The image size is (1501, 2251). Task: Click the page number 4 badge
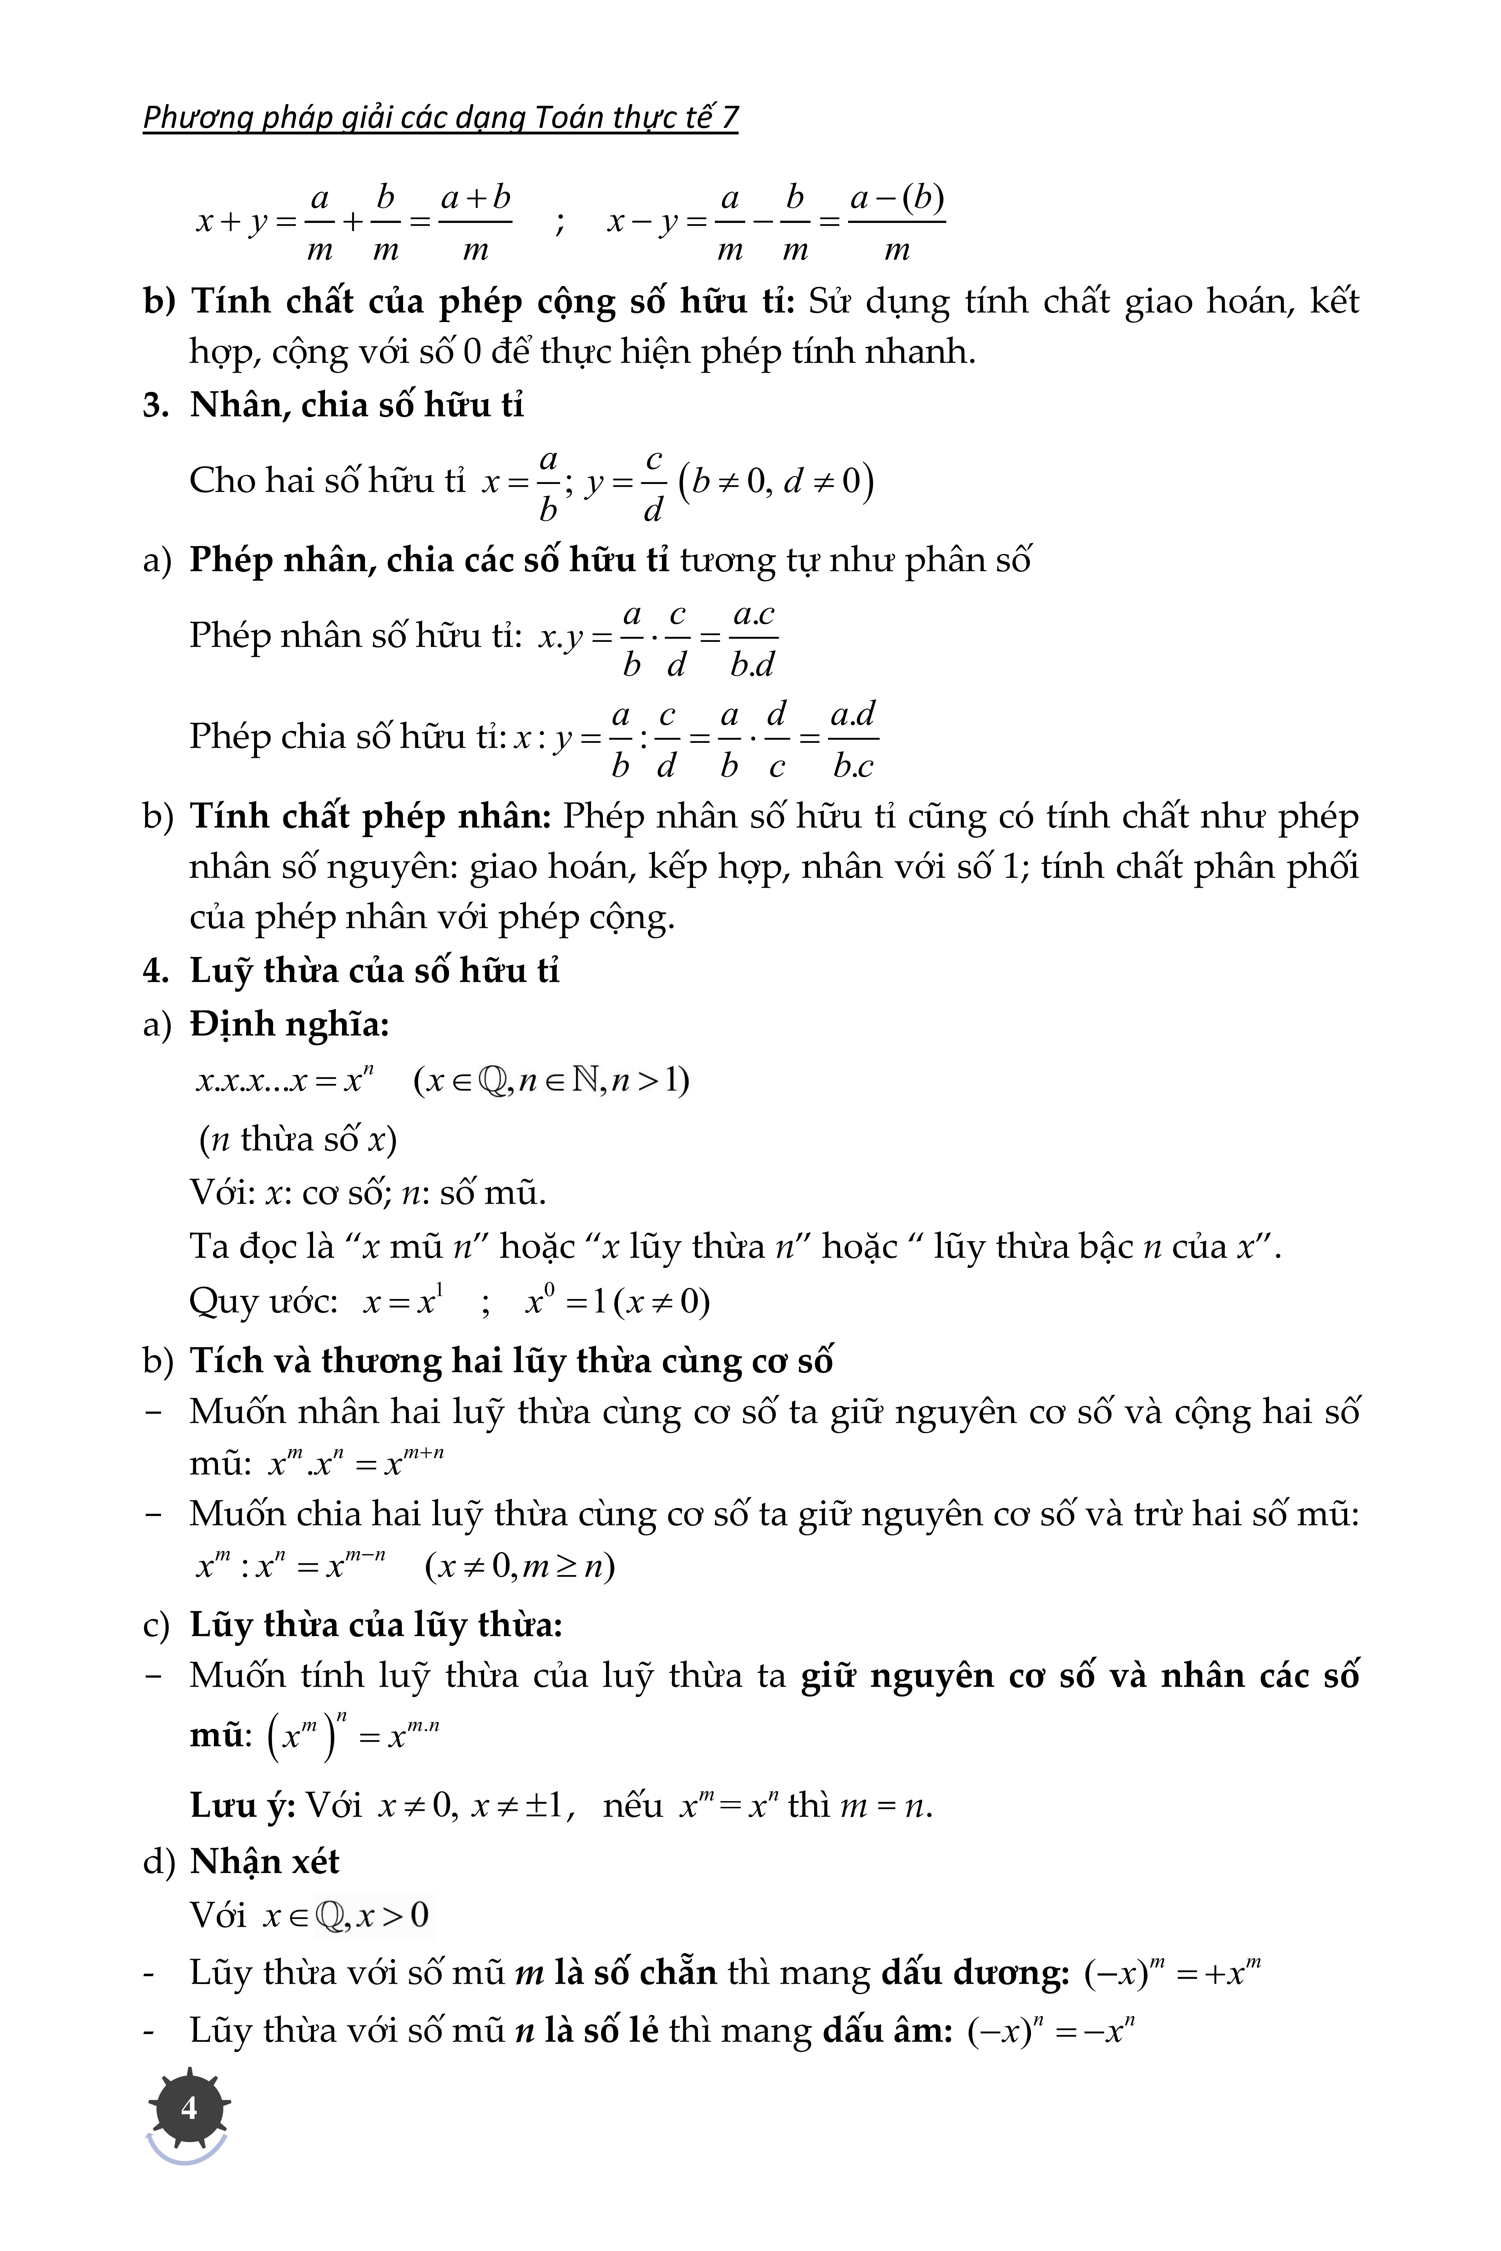pyautogui.click(x=189, y=2108)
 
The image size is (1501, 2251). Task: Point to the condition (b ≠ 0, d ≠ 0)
pyautogui.click(x=776, y=481)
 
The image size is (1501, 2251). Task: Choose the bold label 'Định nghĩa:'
pyautogui.click(x=289, y=1025)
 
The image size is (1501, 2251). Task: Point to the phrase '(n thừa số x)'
pyautogui.click(x=298, y=1140)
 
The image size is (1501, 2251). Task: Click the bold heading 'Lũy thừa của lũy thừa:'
pyautogui.click(x=375, y=1625)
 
